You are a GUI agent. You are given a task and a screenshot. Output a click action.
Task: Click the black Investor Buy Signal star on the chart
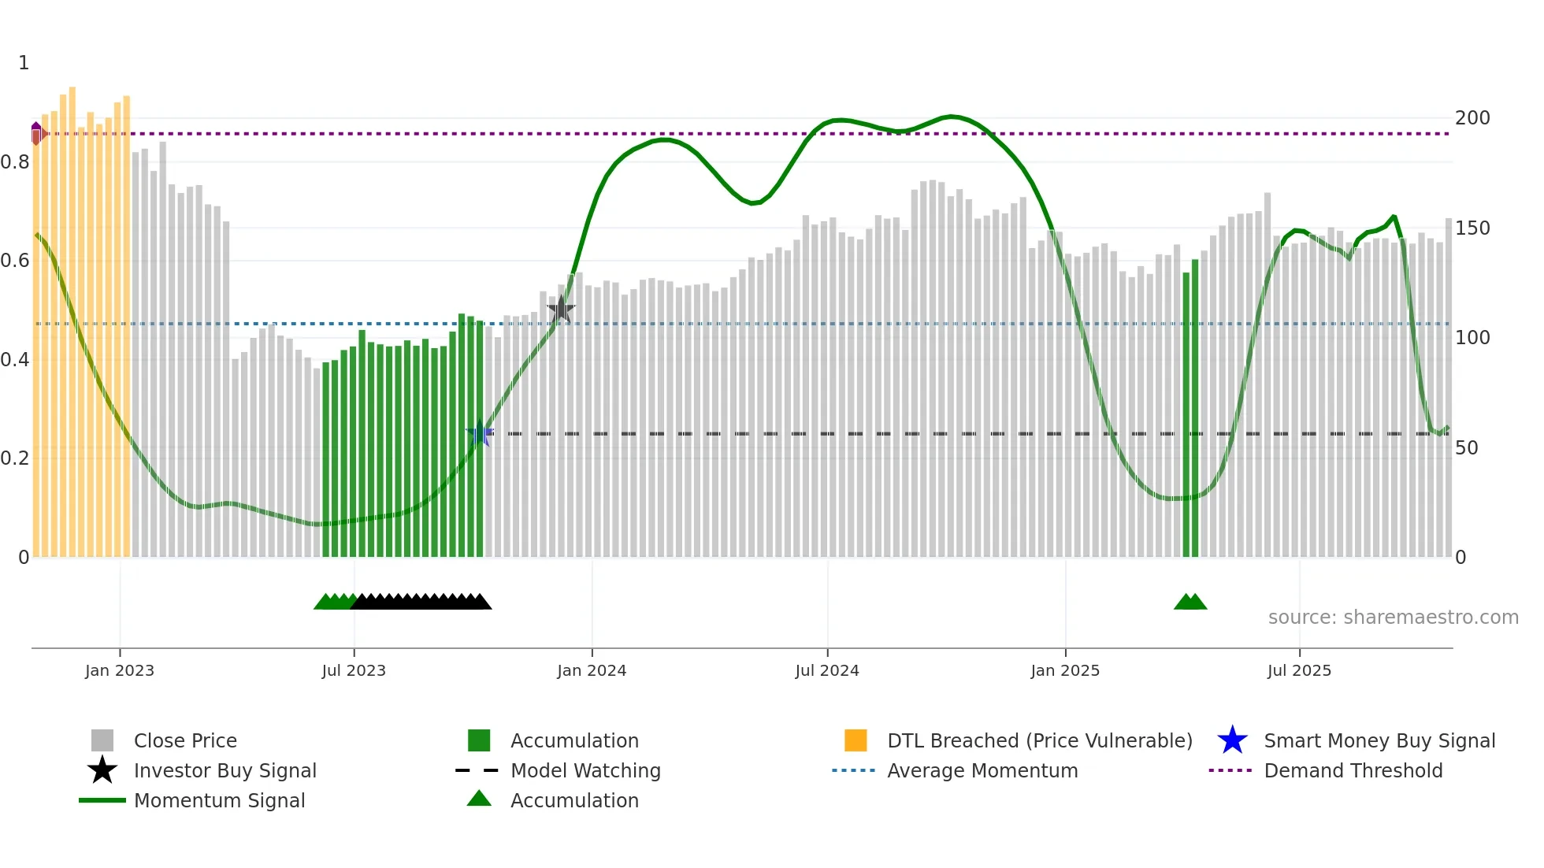click(x=561, y=309)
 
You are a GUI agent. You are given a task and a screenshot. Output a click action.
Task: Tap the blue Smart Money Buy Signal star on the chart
click(x=480, y=433)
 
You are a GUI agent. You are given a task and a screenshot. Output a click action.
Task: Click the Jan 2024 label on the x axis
click(x=592, y=671)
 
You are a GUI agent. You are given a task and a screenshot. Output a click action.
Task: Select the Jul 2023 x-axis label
click(x=354, y=671)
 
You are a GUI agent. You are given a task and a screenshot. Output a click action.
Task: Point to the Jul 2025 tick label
click(x=1299, y=671)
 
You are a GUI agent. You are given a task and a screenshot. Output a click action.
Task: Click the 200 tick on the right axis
click(x=1472, y=118)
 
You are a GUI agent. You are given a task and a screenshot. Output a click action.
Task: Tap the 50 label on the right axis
click(x=1467, y=448)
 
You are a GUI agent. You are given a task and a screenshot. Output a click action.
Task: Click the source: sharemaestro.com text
click(x=1393, y=618)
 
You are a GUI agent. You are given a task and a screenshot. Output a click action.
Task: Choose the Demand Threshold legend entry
click(x=1353, y=771)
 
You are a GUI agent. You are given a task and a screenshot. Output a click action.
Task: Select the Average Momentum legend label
click(x=982, y=771)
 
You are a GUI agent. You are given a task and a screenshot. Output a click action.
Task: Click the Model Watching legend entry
click(x=585, y=771)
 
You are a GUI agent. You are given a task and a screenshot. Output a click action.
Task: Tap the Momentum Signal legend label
click(x=219, y=801)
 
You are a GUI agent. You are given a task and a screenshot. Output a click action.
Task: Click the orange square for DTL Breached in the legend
click(x=856, y=740)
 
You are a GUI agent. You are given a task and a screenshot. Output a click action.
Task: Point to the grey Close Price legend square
click(x=102, y=740)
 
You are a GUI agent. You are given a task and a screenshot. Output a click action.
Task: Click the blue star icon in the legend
click(x=1232, y=740)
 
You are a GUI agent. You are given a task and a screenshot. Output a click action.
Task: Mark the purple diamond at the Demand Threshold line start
click(x=36, y=134)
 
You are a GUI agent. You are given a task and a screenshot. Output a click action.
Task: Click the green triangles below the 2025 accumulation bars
click(x=1190, y=603)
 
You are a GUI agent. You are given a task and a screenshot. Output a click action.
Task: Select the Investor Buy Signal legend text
click(x=225, y=771)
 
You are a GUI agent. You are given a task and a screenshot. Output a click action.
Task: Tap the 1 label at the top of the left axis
click(x=24, y=63)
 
